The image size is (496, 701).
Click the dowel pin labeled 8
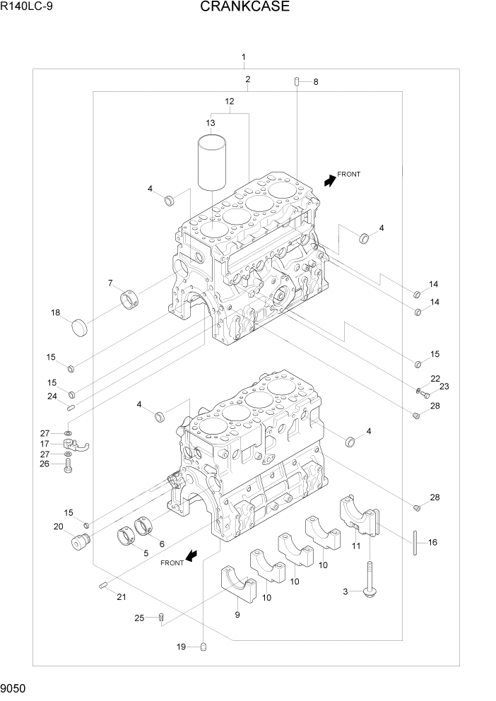297,81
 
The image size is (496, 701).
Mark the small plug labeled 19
203,646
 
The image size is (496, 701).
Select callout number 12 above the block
230,102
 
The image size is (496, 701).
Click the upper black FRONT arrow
330,180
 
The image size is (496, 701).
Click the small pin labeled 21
103,584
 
